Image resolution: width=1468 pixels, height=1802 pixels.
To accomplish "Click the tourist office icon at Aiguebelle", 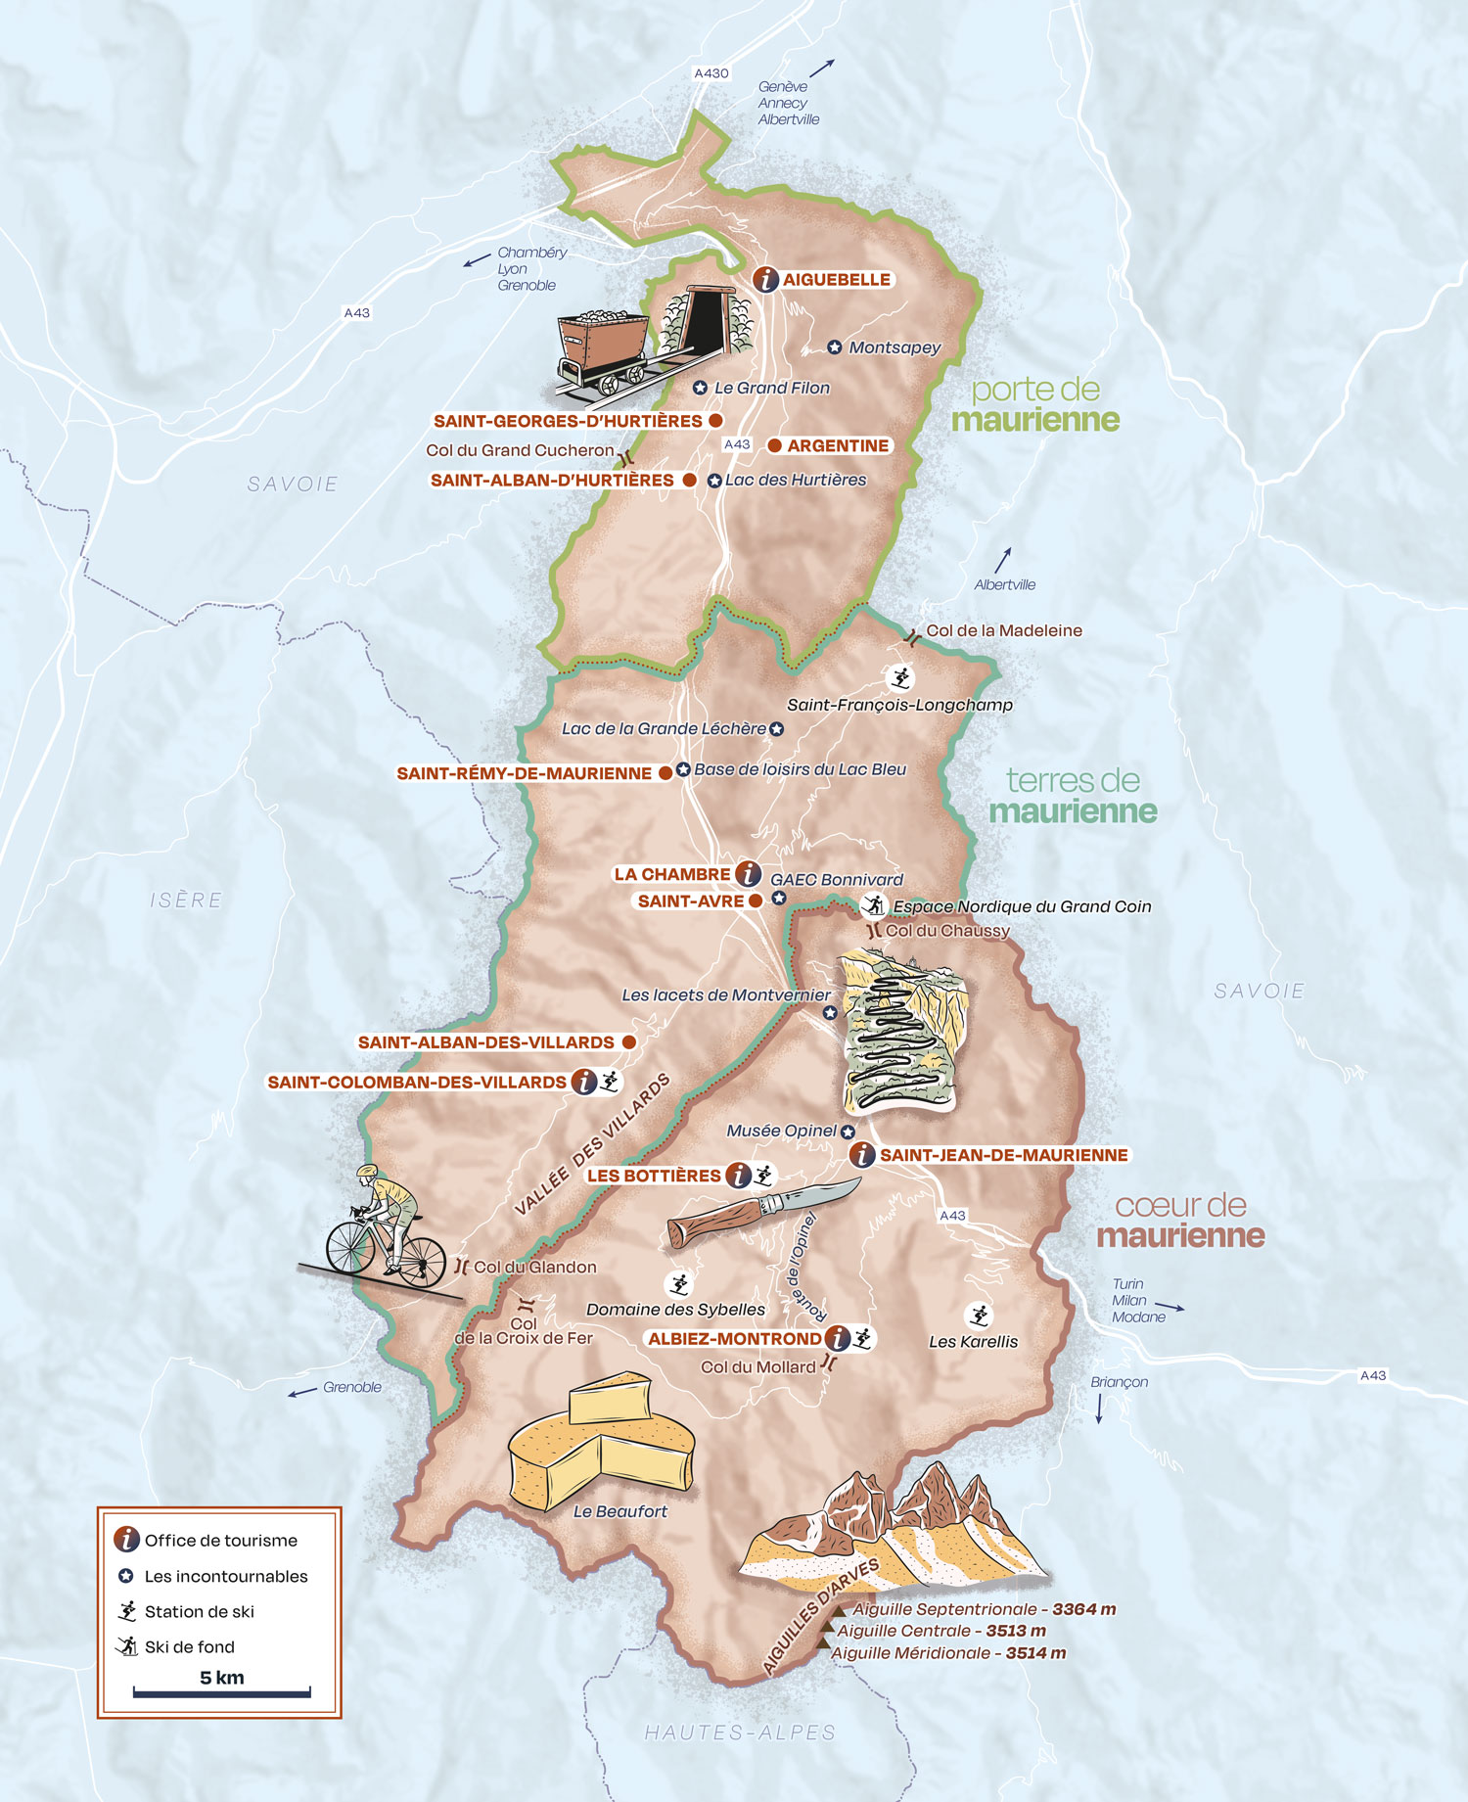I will [765, 279].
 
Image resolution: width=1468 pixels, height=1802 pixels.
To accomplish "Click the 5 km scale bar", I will [222, 1691].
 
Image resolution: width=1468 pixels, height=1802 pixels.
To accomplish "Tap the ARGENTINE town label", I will [838, 445].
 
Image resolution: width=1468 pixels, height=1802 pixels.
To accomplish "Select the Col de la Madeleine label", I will [1004, 630].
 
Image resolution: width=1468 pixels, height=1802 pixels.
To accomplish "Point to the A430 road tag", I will [711, 73].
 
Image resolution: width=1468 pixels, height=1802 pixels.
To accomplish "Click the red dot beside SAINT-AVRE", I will [756, 901].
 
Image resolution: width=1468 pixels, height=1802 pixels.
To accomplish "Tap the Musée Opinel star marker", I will [848, 1132].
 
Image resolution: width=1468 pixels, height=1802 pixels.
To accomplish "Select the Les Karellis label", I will [973, 1341].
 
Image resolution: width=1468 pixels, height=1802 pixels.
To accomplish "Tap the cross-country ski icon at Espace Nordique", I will [873, 905].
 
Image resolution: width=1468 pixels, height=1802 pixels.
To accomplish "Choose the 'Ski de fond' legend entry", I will [189, 1646].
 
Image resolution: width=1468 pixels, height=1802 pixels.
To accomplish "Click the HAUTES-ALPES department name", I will [740, 1733].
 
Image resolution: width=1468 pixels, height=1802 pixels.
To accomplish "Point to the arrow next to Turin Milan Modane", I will [1169, 1307].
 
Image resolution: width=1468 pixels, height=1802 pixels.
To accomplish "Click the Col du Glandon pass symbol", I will [462, 1267].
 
